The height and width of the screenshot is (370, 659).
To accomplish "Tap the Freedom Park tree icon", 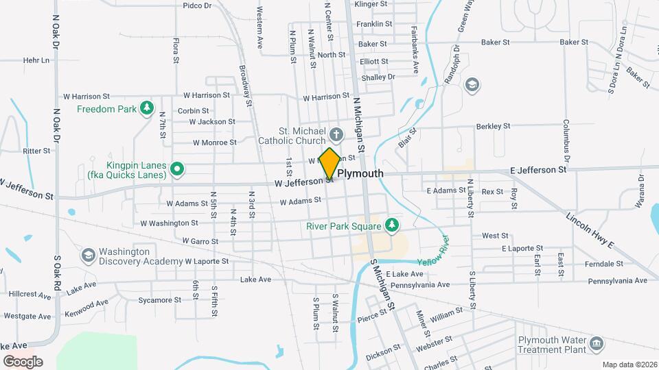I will [x=146, y=108].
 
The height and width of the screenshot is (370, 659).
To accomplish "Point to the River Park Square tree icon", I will [x=391, y=225].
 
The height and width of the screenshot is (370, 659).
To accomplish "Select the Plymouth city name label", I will [x=360, y=173].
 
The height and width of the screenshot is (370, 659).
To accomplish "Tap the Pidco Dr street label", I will [x=197, y=5].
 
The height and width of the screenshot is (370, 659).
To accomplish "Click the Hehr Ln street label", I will [x=36, y=60].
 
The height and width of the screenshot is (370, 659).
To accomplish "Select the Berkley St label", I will [x=493, y=126].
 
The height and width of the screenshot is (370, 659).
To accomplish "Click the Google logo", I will [x=23, y=361].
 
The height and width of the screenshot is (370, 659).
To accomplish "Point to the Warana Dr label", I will [x=641, y=191].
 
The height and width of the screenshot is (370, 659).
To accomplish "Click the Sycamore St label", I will [x=159, y=300].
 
